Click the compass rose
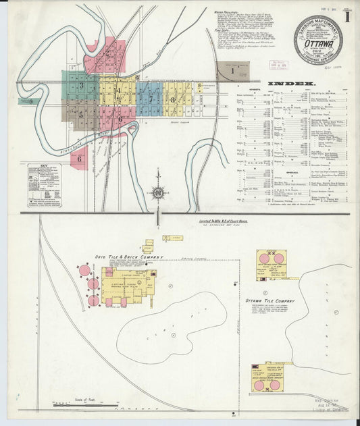[157, 192]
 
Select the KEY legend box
[43, 184]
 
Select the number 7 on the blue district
[151, 99]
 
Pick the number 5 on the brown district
[80, 115]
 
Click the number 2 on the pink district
[108, 53]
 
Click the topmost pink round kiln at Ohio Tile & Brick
[84, 271]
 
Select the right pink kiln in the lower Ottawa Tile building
[274, 385]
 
